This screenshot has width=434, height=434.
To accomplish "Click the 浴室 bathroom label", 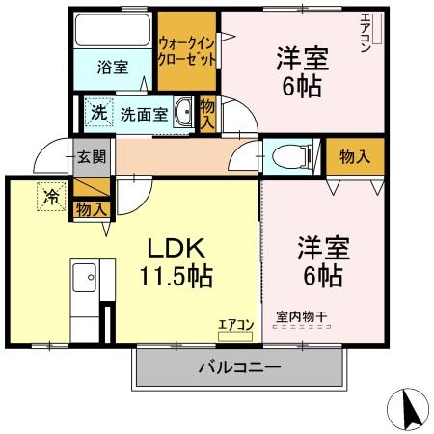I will pos(112,67).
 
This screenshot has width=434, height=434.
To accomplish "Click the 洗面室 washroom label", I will pos(143,114).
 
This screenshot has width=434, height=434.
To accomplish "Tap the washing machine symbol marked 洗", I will pos(97,113).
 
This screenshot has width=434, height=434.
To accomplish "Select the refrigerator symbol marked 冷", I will pos(49,195).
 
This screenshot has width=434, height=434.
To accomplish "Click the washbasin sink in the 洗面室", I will pos(183,111).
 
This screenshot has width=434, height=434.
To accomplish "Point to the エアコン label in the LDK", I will pos(235,325).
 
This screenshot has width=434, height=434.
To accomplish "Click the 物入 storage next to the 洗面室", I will pos(207,114).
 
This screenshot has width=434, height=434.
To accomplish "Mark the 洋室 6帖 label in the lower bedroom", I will pos(323,260).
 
